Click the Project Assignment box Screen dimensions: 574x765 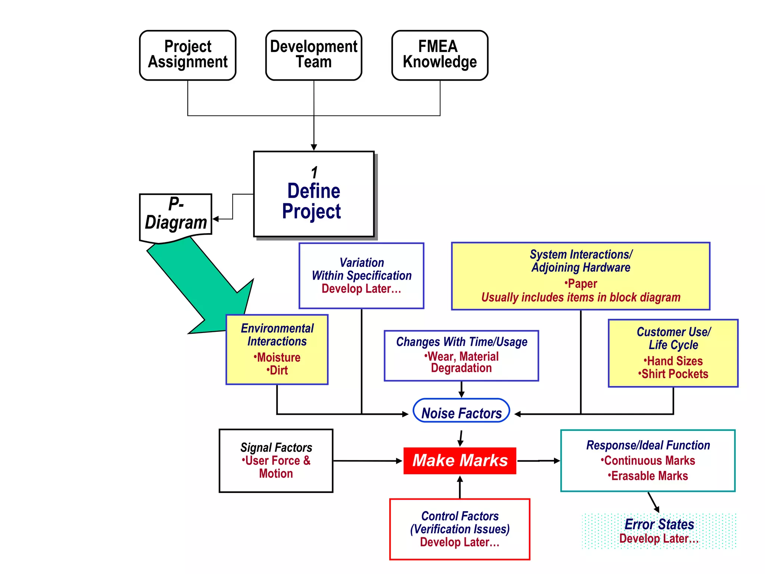click(188, 55)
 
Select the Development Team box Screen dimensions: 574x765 click(313, 55)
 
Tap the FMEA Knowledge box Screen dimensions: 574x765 click(440, 55)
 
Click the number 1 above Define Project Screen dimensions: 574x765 click(314, 173)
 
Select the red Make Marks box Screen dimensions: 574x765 click(459, 460)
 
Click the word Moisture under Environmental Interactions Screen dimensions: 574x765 click(278, 357)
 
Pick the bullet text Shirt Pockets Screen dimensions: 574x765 click(674, 374)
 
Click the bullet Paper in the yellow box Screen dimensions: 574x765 click(581, 283)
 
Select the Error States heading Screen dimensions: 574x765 click(659, 524)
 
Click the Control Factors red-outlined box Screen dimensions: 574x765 click(459, 529)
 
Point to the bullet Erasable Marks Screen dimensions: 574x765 click(649, 476)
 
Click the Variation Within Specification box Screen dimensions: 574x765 click(361, 275)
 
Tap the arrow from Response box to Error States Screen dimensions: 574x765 click(654, 502)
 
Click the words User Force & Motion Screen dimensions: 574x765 click(276, 467)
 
